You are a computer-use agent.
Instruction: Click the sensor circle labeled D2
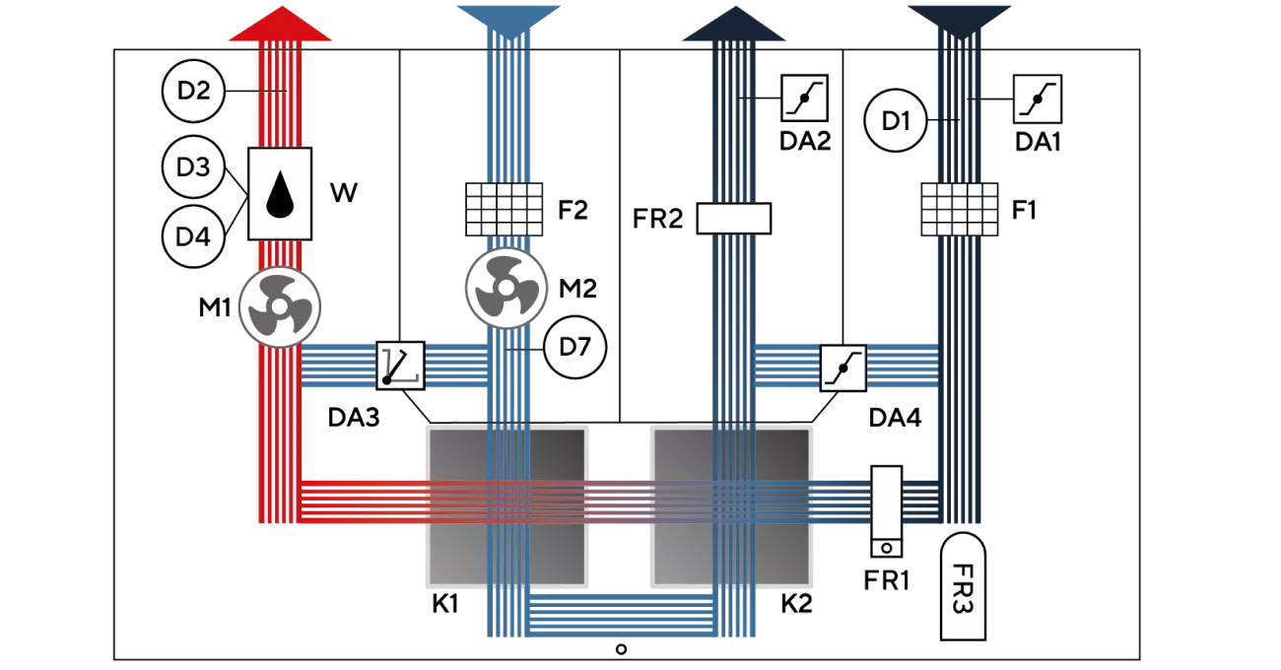(x=193, y=91)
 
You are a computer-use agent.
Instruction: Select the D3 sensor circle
(x=193, y=167)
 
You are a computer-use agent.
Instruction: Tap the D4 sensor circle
(x=193, y=236)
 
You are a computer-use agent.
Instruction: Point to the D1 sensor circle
(x=895, y=120)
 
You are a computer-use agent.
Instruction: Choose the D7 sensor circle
(x=574, y=347)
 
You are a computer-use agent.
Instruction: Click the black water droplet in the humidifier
(x=280, y=194)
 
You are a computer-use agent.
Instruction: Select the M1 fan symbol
(x=280, y=307)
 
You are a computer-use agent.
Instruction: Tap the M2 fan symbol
(x=506, y=288)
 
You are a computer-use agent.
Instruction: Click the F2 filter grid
(x=504, y=209)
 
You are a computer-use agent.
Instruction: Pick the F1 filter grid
(x=960, y=209)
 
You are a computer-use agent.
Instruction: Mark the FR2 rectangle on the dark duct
(x=734, y=219)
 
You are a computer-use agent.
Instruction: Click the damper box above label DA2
(x=805, y=98)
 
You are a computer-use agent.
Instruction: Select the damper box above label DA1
(x=1038, y=99)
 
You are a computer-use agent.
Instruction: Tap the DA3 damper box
(x=400, y=366)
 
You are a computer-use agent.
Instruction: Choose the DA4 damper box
(x=843, y=368)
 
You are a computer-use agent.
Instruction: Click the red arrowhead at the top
(x=280, y=24)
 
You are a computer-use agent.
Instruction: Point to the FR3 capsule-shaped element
(x=963, y=586)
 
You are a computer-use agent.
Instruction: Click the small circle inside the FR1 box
(x=887, y=548)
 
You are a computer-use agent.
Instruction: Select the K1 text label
(x=445, y=604)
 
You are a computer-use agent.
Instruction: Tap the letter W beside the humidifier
(x=344, y=193)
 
